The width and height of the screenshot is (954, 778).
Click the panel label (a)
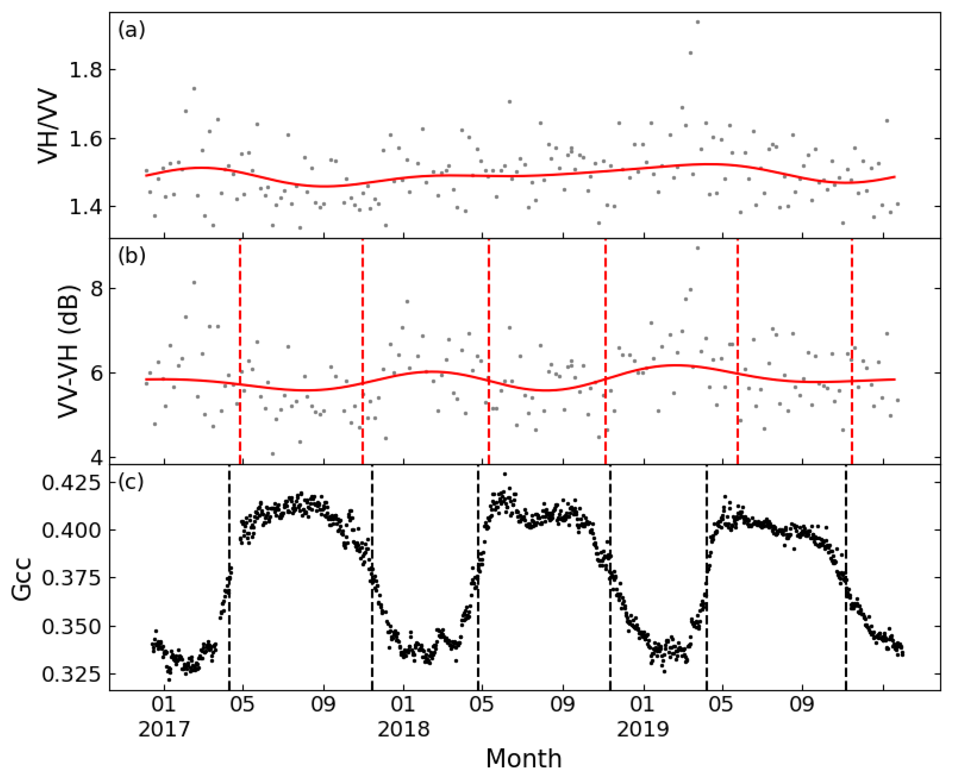coord(132,30)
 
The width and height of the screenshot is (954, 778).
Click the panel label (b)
coord(132,256)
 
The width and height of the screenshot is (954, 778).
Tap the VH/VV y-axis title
coord(48,128)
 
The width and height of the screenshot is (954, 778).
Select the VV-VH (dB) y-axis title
coord(68,351)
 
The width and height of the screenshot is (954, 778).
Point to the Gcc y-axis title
coord(22,578)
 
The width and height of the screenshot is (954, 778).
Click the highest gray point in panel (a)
coord(697,22)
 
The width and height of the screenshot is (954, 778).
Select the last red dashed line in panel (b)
coord(851,351)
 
